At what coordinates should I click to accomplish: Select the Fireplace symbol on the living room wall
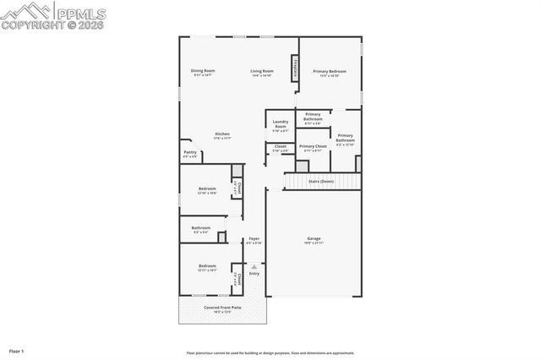pyautogui.click(x=295, y=68)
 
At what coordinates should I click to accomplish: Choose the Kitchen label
pyautogui.click(x=221, y=134)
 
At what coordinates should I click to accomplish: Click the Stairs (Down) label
pyautogui.click(x=321, y=181)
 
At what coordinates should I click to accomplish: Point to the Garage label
pyautogui.click(x=314, y=239)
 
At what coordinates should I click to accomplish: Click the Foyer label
pyautogui.click(x=254, y=239)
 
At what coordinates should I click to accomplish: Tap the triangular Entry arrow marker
pyautogui.click(x=254, y=266)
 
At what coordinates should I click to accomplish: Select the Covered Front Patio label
pyautogui.click(x=222, y=308)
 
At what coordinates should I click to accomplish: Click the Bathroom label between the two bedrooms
pyautogui.click(x=201, y=227)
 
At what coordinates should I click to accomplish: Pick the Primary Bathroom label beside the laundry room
pyautogui.click(x=313, y=117)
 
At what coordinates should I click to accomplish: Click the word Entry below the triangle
pyautogui.click(x=254, y=273)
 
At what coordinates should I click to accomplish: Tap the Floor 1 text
pyautogui.click(x=17, y=350)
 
